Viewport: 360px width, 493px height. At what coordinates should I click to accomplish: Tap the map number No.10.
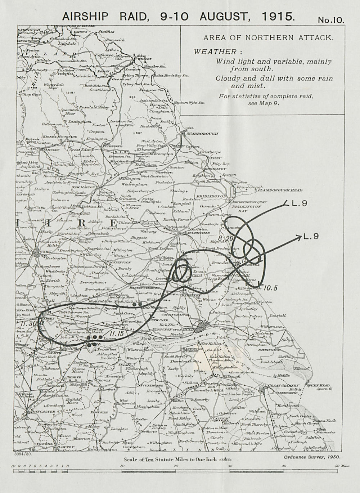point(331,20)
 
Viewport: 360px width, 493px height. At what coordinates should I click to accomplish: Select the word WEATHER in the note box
point(216,51)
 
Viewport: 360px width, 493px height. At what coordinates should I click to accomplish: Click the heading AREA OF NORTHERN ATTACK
point(268,37)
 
